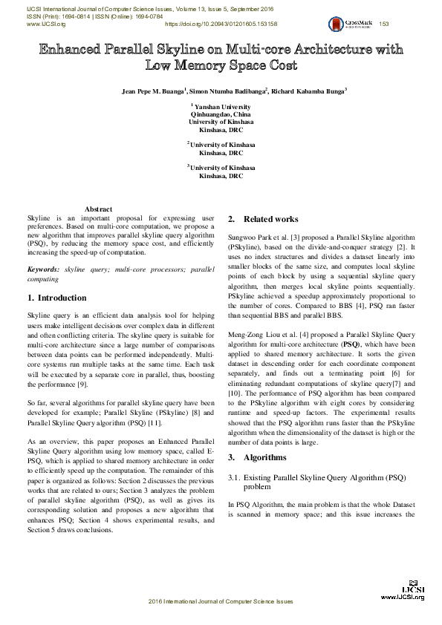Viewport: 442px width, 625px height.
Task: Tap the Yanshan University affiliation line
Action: pyautogui.click(x=222, y=108)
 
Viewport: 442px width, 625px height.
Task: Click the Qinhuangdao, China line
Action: pyautogui.click(x=221, y=115)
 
